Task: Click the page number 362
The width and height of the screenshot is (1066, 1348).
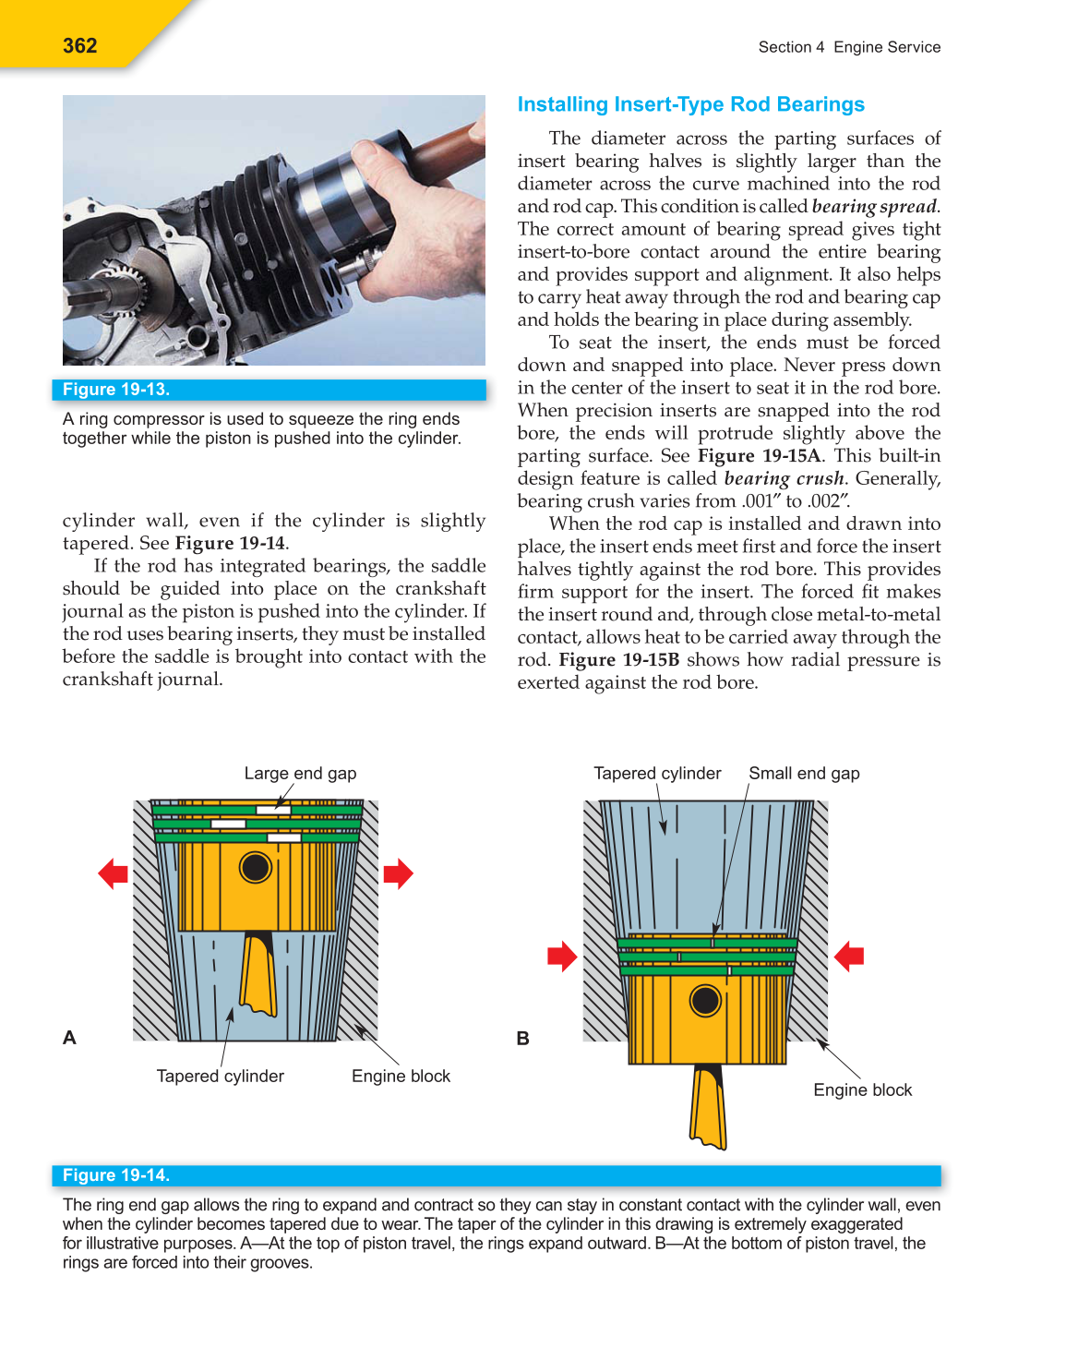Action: (x=80, y=46)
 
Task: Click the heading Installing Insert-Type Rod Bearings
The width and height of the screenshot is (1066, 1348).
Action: (x=690, y=104)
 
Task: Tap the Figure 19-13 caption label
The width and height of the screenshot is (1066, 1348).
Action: (x=116, y=390)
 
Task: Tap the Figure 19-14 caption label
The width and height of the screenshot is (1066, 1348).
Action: (x=116, y=1175)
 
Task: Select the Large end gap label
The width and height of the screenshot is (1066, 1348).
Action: (x=300, y=774)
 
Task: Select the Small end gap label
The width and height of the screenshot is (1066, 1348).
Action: (x=804, y=774)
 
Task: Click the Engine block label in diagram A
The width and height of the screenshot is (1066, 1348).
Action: (x=401, y=1077)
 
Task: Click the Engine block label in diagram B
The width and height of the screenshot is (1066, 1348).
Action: (x=862, y=1090)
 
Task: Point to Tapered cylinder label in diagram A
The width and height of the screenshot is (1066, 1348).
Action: (x=220, y=1077)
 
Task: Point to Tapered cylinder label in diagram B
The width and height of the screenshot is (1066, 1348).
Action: (x=657, y=774)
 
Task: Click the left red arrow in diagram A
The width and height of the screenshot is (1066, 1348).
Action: (x=113, y=873)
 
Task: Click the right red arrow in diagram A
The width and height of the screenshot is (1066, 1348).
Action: (x=398, y=873)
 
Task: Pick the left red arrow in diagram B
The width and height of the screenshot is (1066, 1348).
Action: (x=561, y=957)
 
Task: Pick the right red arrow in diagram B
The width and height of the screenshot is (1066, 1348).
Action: (x=849, y=957)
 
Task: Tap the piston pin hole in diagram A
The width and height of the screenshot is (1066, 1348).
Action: (x=255, y=868)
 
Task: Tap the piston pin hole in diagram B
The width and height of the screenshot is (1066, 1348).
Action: (x=705, y=1001)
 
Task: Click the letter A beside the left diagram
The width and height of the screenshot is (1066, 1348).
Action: (x=69, y=1038)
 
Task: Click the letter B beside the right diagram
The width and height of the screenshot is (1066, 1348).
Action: (x=522, y=1039)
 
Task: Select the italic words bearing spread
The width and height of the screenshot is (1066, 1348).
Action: (x=873, y=207)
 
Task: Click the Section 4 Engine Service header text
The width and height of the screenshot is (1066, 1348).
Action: (x=849, y=47)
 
